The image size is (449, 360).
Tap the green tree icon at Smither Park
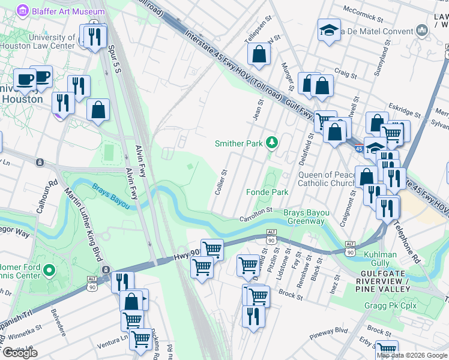pyautogui.click(x=273, y=143)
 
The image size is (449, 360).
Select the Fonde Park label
pyautogui.click(x=267, y=192)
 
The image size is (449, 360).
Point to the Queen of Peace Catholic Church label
pyautogui.click(x=327, y=179)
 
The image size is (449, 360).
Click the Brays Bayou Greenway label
pyautogui.click(x=306, y=217)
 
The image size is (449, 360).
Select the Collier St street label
pyautogui.click(x=220, y=182)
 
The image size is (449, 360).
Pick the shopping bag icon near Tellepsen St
pyautogui.click(x=259, y=54)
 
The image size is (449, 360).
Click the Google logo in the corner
pyautogui.click(x=20, y=353)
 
